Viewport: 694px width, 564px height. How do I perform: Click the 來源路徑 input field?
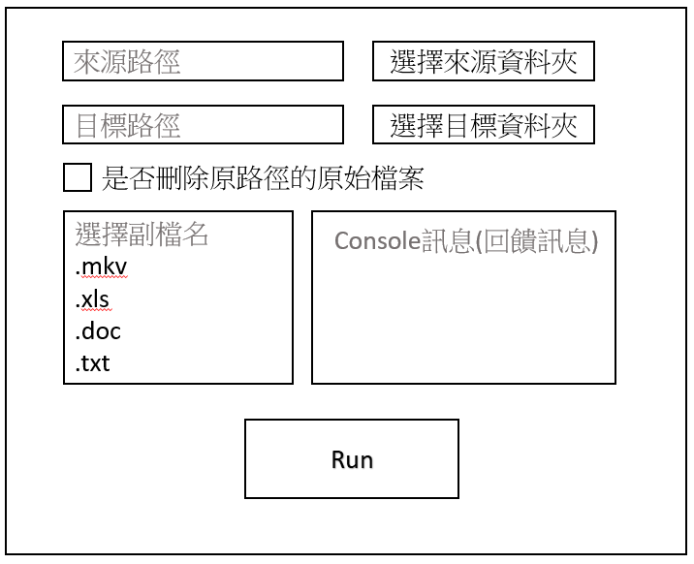pos(203,61)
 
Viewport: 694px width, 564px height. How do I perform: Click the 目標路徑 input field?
pos(203,125)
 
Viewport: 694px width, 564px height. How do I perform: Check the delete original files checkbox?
pos(78,177)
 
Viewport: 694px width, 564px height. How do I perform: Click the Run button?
pos(351,459)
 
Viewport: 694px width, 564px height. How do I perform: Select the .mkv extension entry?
pos(102,266)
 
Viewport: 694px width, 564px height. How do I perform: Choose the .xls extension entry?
pos(93,298)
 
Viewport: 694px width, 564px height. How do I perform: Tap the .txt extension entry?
pos(95,363)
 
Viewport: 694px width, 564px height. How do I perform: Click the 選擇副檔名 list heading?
pos(142,234)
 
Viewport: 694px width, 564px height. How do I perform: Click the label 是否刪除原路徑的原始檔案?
pos(264,177)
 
